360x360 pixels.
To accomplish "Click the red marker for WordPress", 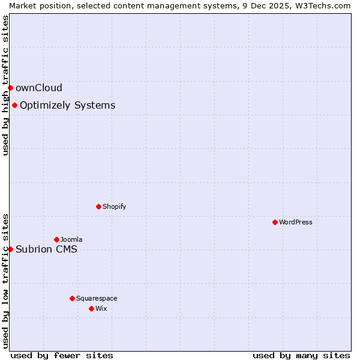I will coord(275,222).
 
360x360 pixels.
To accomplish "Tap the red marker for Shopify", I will coord(98,206).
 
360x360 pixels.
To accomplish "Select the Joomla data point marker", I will coord(56,239).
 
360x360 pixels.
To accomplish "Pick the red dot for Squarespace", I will coord(72,298).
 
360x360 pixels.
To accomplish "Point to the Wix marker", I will coord(91,308).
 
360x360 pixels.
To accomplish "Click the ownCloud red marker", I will coord(10,88).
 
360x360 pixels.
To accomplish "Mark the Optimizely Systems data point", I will coord(14,106).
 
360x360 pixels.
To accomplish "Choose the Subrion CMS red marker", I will coord(10,249).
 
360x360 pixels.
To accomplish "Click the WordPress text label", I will coord(296,222).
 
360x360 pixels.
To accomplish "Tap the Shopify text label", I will coord(114,206).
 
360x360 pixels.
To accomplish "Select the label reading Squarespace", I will coord(97,298).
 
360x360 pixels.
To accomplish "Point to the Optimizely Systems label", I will coord(67,106).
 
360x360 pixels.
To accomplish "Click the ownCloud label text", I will coord(39,88).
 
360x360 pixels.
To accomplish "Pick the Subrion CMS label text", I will coord(46,250).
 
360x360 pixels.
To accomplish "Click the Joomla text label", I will coord(71,239).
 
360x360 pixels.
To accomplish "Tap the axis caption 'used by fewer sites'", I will coord(62,355).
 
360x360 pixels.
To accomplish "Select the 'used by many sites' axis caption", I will coord(301,355).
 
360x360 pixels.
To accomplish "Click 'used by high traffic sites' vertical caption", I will coord(5,85).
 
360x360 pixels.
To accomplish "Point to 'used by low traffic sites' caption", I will coord(5,281).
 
